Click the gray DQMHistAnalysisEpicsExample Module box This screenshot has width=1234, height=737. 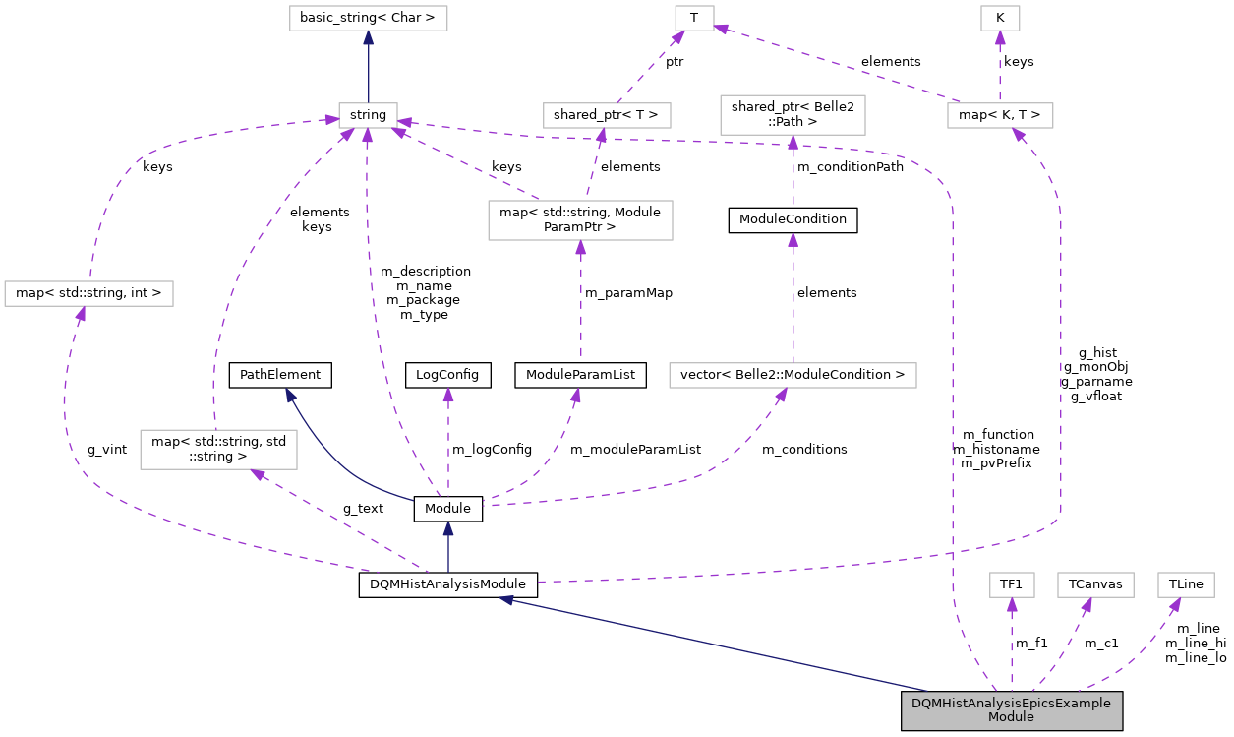coord(1011,710)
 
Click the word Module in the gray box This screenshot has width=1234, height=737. coord(1011,717)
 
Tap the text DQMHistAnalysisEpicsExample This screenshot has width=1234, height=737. coord(1011,704)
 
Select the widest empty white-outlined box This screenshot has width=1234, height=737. coord(793,375)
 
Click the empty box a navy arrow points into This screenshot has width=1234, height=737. coord(368,18)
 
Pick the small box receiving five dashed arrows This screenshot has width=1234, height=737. coord(368,115)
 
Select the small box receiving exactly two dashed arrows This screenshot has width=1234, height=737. coord(694,18)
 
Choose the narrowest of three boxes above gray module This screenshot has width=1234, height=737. coord(1011,584)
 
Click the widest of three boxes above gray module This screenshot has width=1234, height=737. coord(1095,584)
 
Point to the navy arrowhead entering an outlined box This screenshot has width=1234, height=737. coord(368,38)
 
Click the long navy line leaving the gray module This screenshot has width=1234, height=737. coord(718,645)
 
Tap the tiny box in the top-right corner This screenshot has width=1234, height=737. coord(1000,18)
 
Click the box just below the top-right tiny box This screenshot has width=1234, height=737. coord(1000,115)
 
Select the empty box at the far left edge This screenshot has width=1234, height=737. coord(88,293)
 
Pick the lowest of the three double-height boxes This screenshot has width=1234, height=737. coord(218,450)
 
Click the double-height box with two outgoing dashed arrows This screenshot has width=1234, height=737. coord(580,220)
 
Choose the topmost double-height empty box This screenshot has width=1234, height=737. coord(793,115)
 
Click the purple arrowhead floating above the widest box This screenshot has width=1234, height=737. coord(793,240)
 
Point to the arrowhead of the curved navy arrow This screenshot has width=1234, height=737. coord(290,395)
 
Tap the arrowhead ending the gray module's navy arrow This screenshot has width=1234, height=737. coord(506,598)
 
